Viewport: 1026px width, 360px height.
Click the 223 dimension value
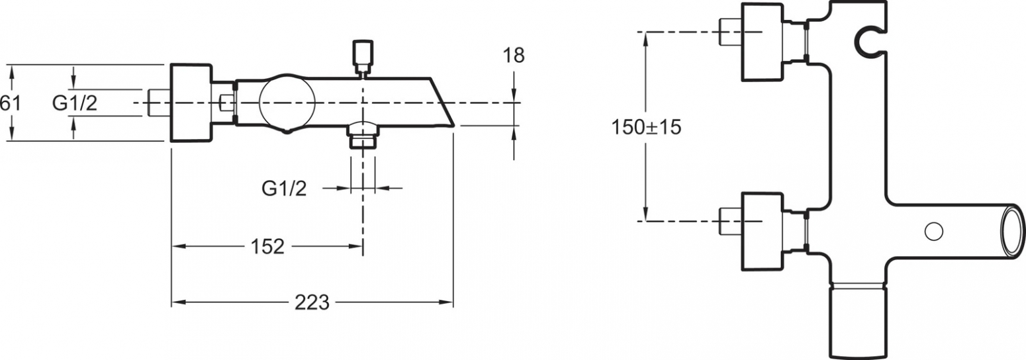pos(312,302)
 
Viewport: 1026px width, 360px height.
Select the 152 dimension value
pos(267,247)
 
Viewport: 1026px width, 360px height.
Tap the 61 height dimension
pos(10,103)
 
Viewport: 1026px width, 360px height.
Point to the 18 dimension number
pos(514,56)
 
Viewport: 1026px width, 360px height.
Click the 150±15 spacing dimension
pos(646,127)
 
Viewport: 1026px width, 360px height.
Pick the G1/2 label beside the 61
pos(75,103)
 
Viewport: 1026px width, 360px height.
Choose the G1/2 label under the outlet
pos(284,188)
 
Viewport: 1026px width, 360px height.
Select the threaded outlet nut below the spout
pos(363,136)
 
